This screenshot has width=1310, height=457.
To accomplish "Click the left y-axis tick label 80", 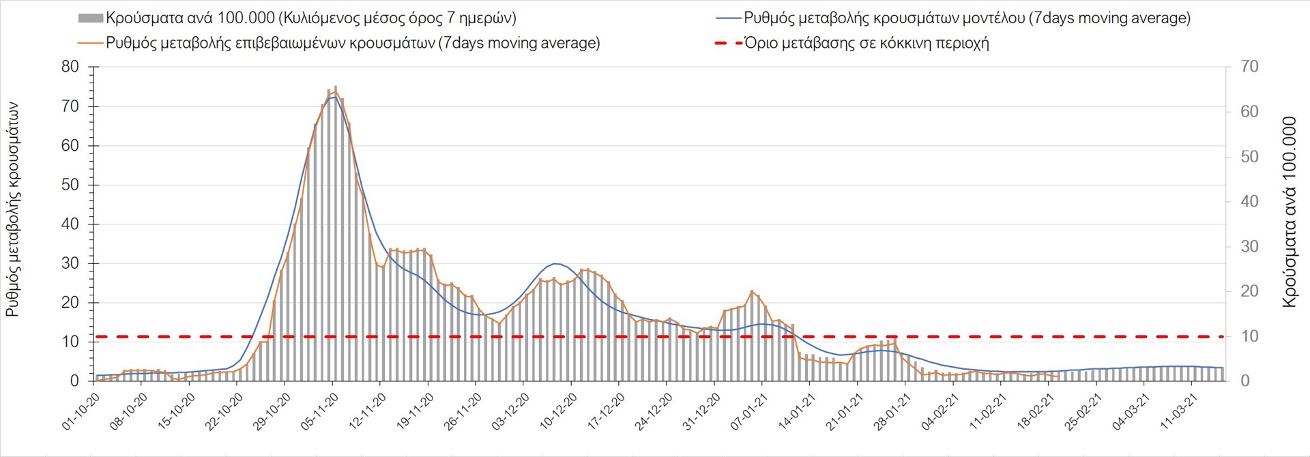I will pos(70,67).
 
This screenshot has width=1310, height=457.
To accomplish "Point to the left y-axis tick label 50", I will pos(70,185).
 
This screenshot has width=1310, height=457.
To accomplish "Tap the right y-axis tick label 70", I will pos(1249,67).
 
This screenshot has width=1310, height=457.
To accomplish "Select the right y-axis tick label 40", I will pos(1249,201).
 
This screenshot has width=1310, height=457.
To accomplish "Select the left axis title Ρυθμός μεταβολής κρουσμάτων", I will pos(12,209).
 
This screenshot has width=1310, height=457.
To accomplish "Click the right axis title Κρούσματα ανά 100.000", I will pos(1289,212).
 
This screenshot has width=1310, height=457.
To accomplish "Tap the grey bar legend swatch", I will pos(91,18).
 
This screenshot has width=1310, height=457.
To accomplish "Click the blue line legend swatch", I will pos(728,18).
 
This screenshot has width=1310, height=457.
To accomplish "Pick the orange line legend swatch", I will pos(91,43).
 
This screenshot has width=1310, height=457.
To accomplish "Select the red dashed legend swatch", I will pos(728,43).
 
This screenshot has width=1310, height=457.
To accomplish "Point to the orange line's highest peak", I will pos(334,91).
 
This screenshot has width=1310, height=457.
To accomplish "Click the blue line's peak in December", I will pos(555,263).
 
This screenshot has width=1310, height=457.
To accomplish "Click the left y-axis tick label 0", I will pos(74,381).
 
